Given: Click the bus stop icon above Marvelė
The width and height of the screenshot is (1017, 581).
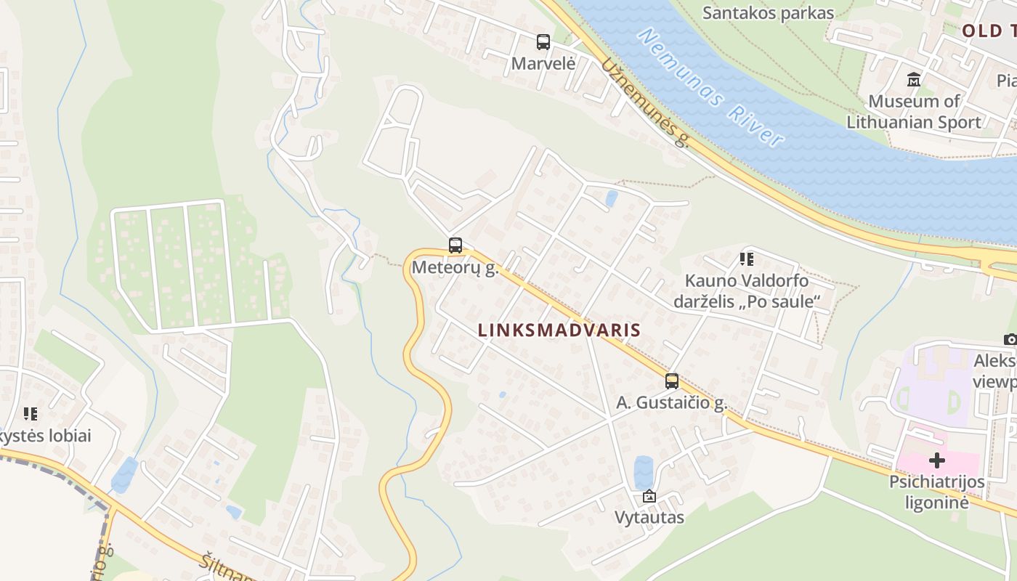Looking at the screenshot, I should coord(543,42).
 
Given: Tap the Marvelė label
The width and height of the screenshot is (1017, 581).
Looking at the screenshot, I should coord(543,63).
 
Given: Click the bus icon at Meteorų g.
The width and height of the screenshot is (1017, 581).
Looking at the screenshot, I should coord(455,245).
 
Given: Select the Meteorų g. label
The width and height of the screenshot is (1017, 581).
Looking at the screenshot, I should coord(455,267).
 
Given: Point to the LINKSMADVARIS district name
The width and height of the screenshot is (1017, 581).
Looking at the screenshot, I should coord(559,330).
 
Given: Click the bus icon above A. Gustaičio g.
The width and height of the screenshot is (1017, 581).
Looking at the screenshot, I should coord(672,381).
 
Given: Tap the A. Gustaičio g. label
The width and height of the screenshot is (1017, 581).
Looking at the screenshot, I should coord(672,403).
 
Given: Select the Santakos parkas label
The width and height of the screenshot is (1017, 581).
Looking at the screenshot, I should coord(769,13).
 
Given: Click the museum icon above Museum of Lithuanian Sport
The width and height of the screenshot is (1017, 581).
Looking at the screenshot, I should coord(914,79).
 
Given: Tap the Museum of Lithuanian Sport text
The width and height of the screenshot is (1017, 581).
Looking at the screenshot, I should coord(914,111).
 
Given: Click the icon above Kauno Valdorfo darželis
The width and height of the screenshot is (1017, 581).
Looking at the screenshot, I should coord(746,259).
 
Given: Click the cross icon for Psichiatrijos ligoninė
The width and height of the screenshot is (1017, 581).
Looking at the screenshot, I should coord(937,460).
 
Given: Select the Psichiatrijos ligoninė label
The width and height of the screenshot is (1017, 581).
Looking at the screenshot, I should coord(937,492).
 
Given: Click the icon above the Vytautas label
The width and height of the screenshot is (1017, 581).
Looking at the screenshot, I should coord(649,497).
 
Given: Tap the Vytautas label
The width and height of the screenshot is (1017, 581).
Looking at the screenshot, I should coord(649,518).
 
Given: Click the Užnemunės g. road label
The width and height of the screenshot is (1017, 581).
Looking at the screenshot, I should coord(644,102).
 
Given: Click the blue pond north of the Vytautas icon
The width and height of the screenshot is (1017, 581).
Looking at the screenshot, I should coord(643,472).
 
